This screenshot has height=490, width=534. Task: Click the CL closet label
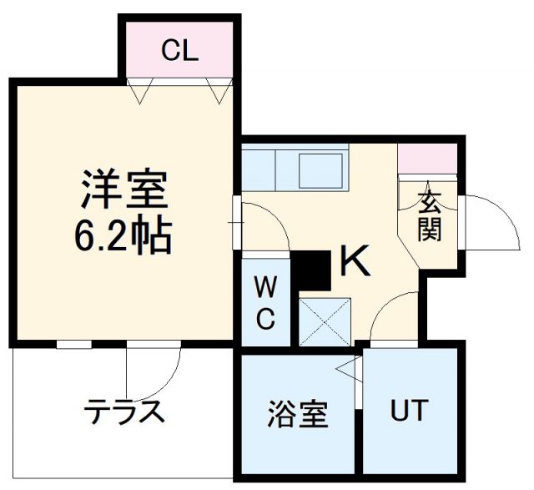(x=179, y=50)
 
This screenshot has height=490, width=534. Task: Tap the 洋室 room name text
(x=124, y=189)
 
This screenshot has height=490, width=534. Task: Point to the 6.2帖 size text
(x=121, y=235)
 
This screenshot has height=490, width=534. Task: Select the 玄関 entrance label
(x=430, y=215)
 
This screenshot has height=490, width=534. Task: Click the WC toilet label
(x=265, y=302)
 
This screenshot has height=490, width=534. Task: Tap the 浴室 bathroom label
(x=298, y=414)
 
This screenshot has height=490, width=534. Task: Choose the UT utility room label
(x=409, y=410)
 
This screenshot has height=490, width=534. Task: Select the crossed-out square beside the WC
(x=325, y=322)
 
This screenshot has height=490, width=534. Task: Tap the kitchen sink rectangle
(x=320, y=171)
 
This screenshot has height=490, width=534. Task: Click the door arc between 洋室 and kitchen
(x=276, y=215)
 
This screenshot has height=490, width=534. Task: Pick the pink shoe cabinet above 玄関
(x=427, y=159)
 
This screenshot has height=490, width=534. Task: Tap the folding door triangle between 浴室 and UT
(x=349, y=369)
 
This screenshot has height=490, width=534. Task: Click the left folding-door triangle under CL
(x=140, y=91)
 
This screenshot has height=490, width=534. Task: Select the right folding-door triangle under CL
(x=219, y=91)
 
